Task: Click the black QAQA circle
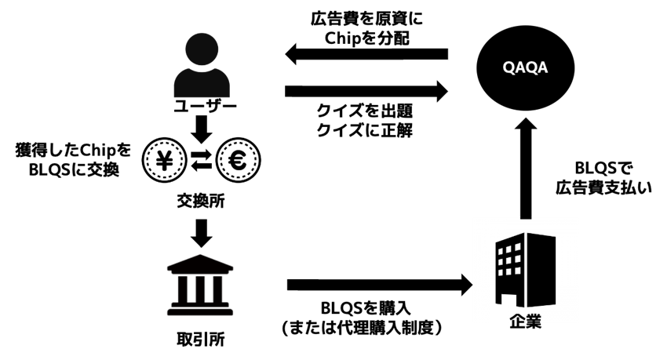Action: coord(523,67)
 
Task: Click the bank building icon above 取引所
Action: coord(202,282)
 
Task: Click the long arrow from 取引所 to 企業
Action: coord(376,282)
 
